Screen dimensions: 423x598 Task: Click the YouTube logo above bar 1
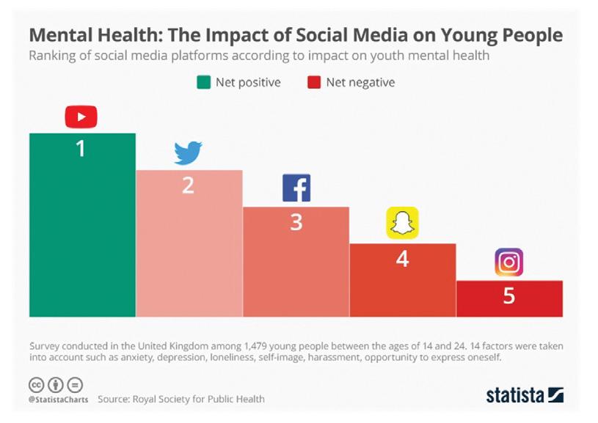(81, 117)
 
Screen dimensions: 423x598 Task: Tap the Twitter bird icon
(188, 153)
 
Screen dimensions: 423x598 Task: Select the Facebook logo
(296, 188)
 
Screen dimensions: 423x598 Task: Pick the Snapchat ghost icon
(402, 223)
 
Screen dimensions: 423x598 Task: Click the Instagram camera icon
(508, 262)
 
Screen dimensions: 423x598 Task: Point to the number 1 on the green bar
(81, 149)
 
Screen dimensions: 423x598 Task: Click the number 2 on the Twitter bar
(188, 185)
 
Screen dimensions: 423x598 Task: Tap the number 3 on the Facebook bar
(296, 222)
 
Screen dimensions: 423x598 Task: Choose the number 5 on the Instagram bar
(508, 297)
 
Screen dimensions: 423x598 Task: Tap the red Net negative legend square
(313, 82)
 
